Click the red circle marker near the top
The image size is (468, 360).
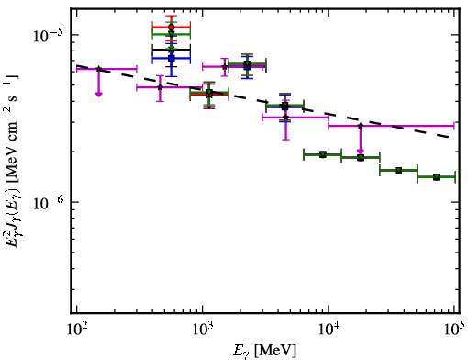coord(172,28)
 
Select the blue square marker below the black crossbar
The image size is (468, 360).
coord(172,58)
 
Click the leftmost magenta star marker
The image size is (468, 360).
coord(99,69)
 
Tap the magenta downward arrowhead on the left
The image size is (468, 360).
coord(98,94)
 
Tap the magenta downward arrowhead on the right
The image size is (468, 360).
coord(361,151)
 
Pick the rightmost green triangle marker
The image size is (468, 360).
coord(437,177)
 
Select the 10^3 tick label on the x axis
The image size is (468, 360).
coord(203,330)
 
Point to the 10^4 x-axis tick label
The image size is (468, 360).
coord(329,330)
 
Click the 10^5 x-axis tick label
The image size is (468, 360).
coord(455,330)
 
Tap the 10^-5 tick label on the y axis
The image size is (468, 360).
coord(48,36)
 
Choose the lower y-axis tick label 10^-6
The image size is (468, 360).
coord(49,203)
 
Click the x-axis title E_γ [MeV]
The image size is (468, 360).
coord(264,351)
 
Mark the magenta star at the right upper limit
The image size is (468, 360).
coord(361,126)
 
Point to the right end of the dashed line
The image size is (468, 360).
coord(449,137)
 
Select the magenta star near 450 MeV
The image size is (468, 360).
coord(160,87)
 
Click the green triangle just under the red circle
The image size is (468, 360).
coord(172,34)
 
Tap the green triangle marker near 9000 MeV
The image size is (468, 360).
coord(323,154)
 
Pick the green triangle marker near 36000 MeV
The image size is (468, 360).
coord(398,170)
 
